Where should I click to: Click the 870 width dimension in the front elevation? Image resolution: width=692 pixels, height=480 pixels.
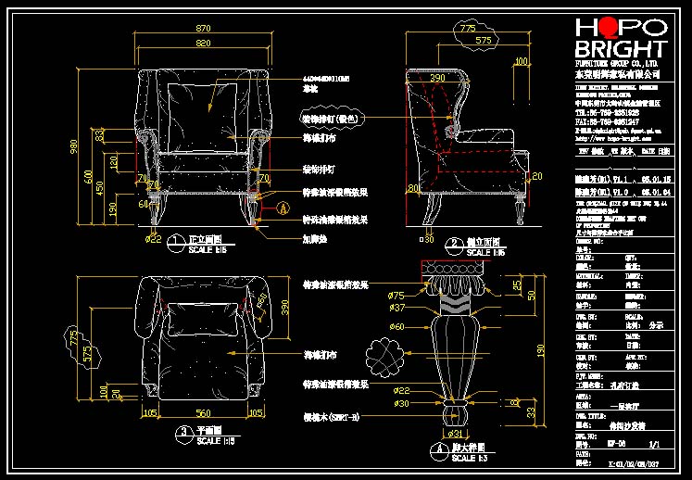tap(203, 29)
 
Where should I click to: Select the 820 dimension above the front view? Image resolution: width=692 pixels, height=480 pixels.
tap(203, 44)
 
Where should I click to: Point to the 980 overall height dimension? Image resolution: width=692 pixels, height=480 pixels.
tap(74, 146)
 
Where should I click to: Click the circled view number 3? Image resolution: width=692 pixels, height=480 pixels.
tap(183, 431)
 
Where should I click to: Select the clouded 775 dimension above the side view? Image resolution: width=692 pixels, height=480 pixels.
tap(470, 30)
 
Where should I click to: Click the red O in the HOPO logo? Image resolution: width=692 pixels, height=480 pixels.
tap(609, 27)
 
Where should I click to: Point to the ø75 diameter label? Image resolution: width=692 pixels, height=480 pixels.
tap(397, 295)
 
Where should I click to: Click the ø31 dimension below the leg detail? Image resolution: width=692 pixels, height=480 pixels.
tap(456, 434)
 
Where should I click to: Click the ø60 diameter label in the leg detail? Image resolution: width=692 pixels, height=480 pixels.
tap(397, 326)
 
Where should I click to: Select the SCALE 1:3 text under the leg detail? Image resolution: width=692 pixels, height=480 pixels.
tap(470, 459)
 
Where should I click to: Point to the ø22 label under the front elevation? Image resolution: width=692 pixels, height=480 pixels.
tap(155, 239)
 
